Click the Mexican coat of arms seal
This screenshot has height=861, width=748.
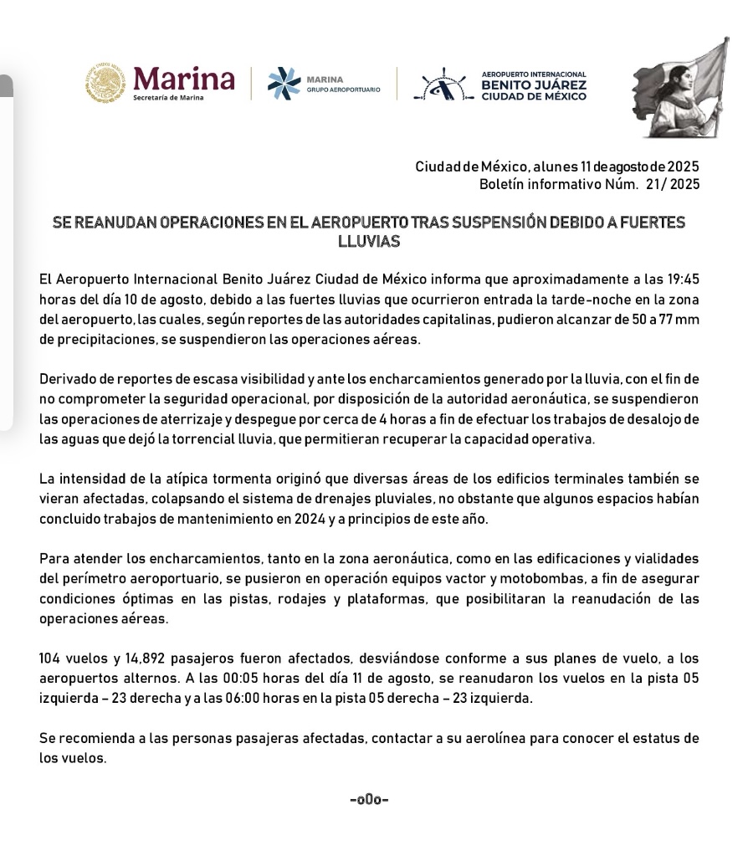(105, 83)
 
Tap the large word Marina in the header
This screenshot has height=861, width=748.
(184, 79)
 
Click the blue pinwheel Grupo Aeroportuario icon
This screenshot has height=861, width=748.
(283, 84)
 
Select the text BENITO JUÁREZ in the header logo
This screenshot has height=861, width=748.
(534, 85)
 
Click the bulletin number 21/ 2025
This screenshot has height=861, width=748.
(674, 184)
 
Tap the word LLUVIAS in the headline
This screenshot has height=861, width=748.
(368, 242)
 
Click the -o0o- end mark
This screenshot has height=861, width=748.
(369, 800)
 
